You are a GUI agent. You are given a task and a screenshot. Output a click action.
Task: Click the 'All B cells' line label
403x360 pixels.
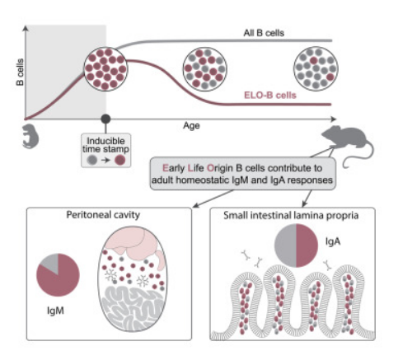click(x=264, y=33)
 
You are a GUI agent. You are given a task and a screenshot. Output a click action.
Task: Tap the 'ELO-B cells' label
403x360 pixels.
click(x=270, y=96)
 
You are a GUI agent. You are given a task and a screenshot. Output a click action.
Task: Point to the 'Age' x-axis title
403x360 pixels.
click(x=191, y=126)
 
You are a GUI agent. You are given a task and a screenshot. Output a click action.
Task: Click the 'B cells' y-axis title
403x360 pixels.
click(x=20, y=72)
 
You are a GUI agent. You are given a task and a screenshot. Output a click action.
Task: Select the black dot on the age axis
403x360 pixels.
click(x=105, y=119)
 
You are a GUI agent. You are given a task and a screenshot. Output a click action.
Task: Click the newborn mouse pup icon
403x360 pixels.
click(x=30, y=137)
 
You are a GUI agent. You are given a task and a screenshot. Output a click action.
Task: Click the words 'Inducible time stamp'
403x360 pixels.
click(x=105, y=145)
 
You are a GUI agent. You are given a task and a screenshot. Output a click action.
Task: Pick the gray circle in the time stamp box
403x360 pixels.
click(x=92, y=160)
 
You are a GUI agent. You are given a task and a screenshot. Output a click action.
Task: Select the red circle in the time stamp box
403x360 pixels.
click(x=120, y=160)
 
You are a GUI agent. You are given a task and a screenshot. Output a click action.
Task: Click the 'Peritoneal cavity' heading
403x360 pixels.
click(x=103, y=215)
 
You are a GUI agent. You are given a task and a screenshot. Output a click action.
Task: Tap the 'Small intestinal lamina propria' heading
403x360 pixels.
click(x=291, y=216)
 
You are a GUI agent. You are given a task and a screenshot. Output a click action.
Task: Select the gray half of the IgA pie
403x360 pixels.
click(x=286, y=245)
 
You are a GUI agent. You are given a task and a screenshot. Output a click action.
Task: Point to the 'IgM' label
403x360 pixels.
click(x=56, y=311)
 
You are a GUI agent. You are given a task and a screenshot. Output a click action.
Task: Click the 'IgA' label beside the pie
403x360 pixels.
click(x=333, y=241)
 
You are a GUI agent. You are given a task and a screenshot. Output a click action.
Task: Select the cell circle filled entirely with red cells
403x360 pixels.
click(x=105, y=69)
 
